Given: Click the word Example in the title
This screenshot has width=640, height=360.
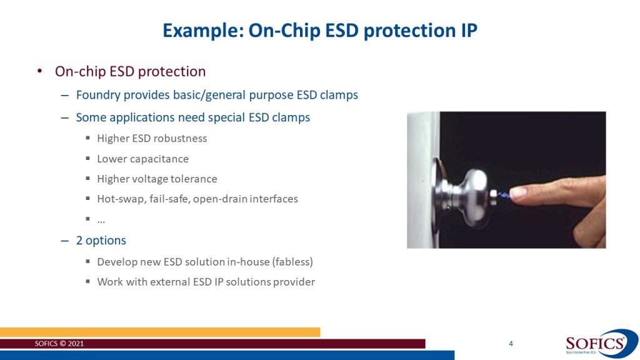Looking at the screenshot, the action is [x=203, y=31].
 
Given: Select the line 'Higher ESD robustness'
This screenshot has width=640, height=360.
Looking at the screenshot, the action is [x=152, y=138].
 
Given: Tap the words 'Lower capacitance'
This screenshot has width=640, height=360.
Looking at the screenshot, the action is [x=143, y=159].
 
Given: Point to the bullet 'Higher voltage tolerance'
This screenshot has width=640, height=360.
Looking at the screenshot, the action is [x=157, y=179].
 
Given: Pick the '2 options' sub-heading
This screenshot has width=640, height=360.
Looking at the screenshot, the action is [x=101, y=241].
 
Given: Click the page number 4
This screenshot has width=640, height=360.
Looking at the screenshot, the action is [x=511, y=344].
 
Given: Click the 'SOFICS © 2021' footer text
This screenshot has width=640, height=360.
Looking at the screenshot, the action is [x=59, y=344].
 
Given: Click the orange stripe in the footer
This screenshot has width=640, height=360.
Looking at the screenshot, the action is [x=160, y=332].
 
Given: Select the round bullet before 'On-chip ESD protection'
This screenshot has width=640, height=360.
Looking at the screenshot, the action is [x=39, y=71].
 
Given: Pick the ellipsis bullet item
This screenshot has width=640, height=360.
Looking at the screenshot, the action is [x=101, y=221].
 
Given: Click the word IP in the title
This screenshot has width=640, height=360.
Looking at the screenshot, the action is [x=469, y=31].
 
